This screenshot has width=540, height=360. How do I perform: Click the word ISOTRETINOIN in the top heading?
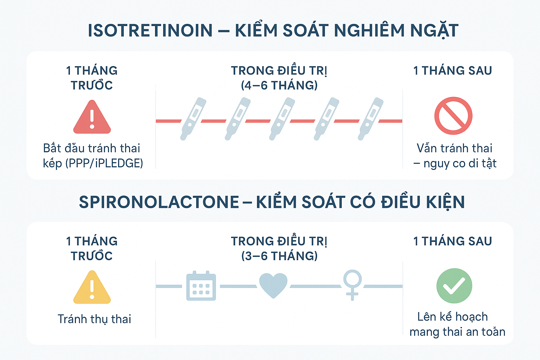click(150, 31)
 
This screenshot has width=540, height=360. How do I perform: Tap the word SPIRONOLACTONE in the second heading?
click(159, 202)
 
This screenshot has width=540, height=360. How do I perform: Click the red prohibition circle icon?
click(453, 116)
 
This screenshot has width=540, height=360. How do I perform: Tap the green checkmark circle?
click(454, 286)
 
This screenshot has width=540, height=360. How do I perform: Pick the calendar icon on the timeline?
click(201, 286)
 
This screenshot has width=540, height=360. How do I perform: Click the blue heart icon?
click(273, 285)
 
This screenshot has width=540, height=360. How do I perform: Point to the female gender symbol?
click(352, 284)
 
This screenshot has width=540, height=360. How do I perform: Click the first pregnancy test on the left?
click(193, 118)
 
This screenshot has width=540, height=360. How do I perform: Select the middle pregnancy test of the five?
click(282, 118)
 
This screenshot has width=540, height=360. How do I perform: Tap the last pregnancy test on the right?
click(371, 118)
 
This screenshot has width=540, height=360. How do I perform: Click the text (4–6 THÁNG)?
click(279, 85)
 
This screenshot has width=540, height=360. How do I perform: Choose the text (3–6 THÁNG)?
click(279, 256)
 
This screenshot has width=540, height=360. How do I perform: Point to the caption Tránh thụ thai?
click(94, 319)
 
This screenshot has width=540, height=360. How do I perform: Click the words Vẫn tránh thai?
click(454, 148)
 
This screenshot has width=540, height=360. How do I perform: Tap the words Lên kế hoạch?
click(452, 317)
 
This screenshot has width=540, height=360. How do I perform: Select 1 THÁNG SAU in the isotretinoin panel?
click(452, 71)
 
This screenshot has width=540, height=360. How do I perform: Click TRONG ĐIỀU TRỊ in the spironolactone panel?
click(279, 241)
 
